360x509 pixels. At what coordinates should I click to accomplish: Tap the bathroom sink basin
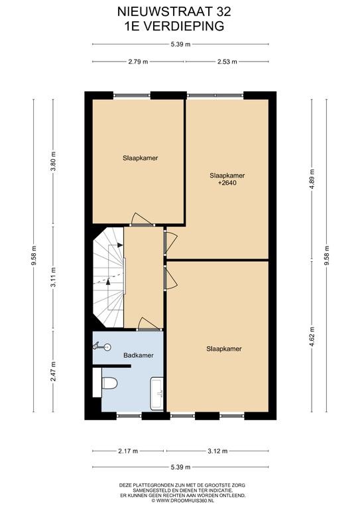click(157, 394)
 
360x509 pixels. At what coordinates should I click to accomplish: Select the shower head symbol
click(102, 347)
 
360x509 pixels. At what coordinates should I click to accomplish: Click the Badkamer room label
click(139, 355)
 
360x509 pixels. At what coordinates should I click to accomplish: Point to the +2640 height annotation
click(227, 183)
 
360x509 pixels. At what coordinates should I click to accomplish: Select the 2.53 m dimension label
click(227, 62)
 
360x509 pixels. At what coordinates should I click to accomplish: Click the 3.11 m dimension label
click(54, 277)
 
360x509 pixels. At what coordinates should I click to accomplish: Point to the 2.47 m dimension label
click(54, 371)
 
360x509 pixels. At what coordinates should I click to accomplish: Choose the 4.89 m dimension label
click(312, 180)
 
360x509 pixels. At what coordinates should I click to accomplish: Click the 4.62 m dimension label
click(312, 336)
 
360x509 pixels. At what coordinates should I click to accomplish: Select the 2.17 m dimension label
click(128, 451)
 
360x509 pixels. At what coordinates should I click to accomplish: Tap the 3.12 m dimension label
click(217, 451)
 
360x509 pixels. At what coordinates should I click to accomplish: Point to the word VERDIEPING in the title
click(184, 26)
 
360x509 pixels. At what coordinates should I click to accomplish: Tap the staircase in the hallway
click(108, 277)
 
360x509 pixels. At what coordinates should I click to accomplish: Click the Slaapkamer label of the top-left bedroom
click(141, 158)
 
